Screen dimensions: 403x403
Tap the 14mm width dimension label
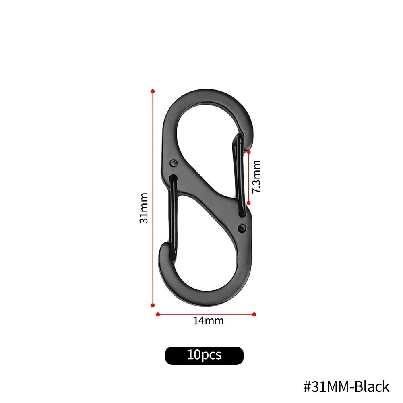point(208,321)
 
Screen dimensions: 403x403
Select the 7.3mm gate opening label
point(256,177)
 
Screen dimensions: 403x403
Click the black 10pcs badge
point(204,355)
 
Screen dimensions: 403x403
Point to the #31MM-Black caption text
point(346,386)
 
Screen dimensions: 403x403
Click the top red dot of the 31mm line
point(153,91)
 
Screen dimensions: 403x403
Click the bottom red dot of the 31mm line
point(153,305)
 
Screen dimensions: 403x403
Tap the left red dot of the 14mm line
point(158,314)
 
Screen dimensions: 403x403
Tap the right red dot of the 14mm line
point(254,314)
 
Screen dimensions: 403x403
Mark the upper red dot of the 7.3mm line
point(249,152)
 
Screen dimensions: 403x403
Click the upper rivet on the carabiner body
point(174,163)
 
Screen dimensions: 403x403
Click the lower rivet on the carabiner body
point(242,228)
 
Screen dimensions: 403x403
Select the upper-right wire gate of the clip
point(239,173)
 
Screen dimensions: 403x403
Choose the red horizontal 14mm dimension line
point(206,314)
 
